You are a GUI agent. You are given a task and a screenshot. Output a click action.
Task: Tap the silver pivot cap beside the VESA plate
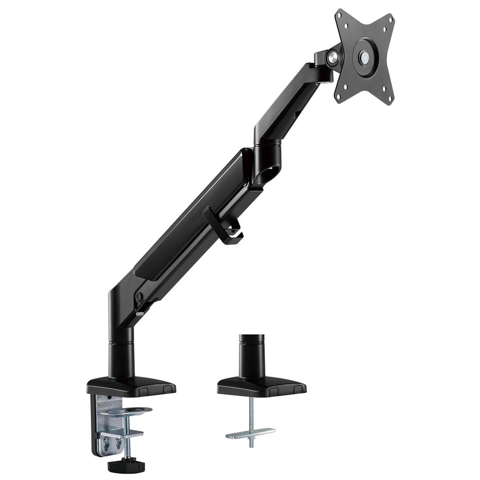pyautogui.click(x=331, y=56)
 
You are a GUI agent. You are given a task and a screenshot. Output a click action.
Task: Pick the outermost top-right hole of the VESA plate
pyautogui.click(x=391, y=19)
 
